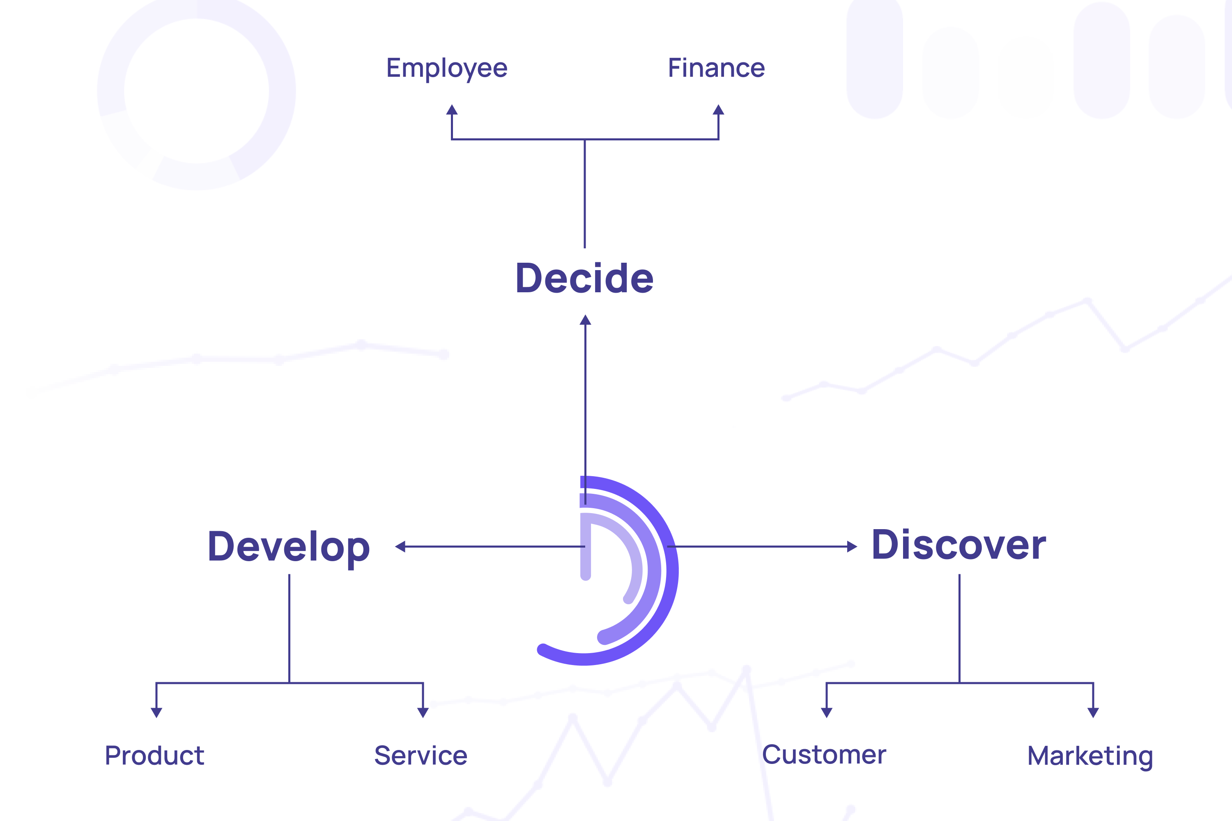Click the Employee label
[x=447, y=68]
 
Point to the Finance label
[x=716, y=68]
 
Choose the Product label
[x=154, y=756]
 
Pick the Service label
[x=421, y=756]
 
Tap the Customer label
[x=824, y=754]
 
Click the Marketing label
[x=1090, y=756]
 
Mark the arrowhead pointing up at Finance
[x=718, y=110]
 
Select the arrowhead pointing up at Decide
[x=586, y=320]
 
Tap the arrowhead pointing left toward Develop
[x=400, y=547]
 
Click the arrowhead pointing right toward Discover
[x=852, y=547]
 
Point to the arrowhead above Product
[x=156, y=712]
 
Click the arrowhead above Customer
[x=827, y=712]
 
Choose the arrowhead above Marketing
[x=1093, y=712]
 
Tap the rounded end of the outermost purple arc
[x=542, y=650]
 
